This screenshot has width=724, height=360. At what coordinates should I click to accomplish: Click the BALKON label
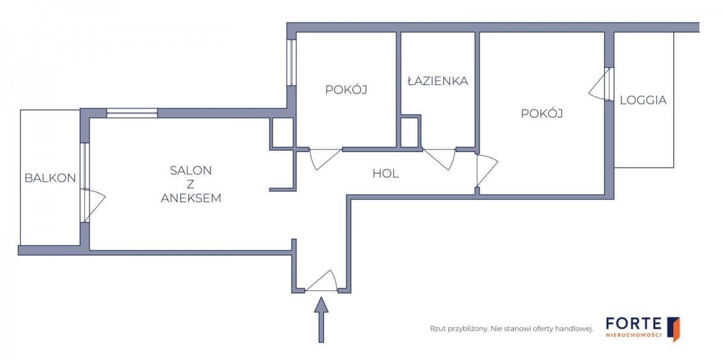pos(50,178)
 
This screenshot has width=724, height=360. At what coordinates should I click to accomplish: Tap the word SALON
pos(191,171)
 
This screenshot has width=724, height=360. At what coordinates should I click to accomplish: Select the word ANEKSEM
pos(191,198)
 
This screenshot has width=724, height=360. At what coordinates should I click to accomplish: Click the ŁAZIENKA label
pos(437,81)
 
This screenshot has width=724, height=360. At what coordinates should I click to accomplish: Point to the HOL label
pos(386,174)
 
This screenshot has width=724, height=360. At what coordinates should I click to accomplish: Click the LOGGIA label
pos(643,101)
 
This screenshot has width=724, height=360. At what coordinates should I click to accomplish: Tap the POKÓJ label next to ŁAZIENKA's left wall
pos(346,90)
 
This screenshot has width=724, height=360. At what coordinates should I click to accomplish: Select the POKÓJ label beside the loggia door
pos(542,113)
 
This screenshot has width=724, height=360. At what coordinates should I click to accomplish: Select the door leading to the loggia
pos(601,85)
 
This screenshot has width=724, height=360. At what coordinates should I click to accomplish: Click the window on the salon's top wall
pos(132,113)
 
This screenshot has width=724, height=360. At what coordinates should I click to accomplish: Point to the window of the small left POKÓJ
pos(291,62)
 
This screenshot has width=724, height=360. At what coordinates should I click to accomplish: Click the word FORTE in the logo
pos(633,324)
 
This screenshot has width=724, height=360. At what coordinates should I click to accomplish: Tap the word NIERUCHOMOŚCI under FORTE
pos(633,335)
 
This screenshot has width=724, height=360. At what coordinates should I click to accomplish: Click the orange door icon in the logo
pos(675,329)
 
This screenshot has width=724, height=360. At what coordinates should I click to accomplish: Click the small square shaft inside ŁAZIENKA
pos(409,132)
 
